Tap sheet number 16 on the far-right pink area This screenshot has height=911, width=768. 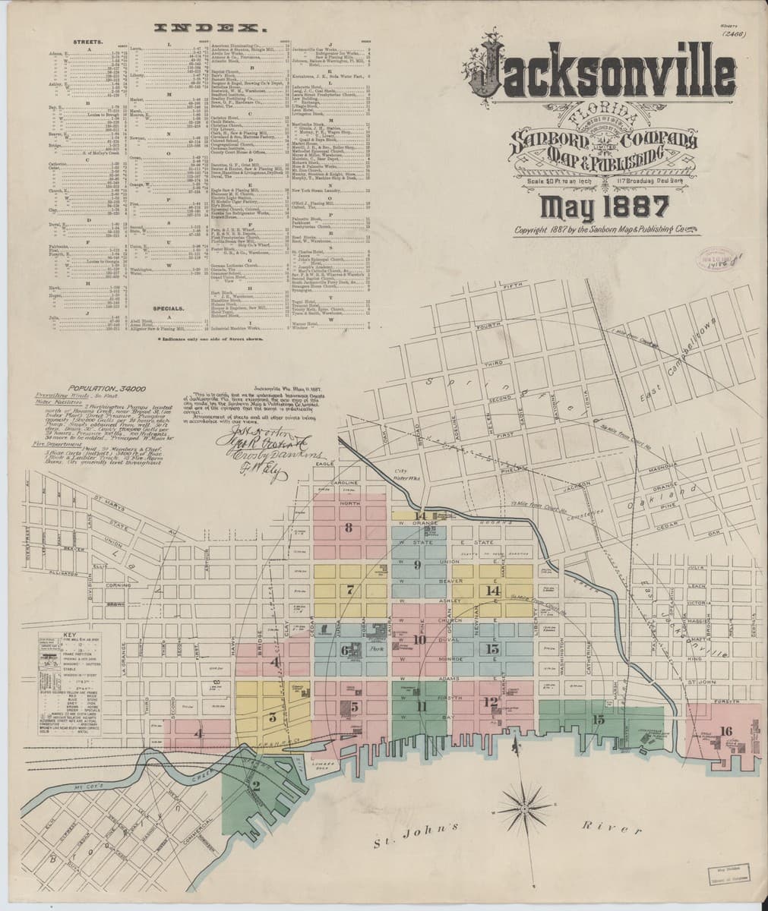(726, 732)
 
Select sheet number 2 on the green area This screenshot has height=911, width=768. (256, 786)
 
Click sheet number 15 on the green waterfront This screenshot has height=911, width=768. (599, 719)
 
